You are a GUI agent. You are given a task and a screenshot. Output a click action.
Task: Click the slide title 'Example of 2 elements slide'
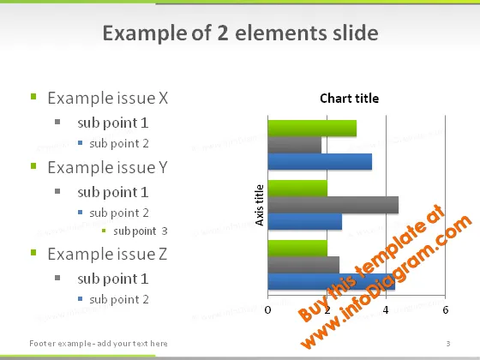click(x=240, y=33)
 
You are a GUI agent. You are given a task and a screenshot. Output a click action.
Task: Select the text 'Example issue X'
click(x=108, y=99)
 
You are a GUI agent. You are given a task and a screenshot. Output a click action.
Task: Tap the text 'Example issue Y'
click(x=108, y=167)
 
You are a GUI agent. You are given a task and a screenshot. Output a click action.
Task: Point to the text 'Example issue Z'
click(x=107, y=254)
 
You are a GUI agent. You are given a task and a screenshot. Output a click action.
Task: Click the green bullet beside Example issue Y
click(x=33, y=166)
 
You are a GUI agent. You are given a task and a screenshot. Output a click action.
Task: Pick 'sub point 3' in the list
click(x=141, y=231)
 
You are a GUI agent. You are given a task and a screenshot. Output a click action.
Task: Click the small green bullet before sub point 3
click(x=104, y=231)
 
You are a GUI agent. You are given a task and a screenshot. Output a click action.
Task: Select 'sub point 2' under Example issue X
click(x=119, y=144)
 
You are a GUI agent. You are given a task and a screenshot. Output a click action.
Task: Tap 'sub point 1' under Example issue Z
click(x=113, y=279)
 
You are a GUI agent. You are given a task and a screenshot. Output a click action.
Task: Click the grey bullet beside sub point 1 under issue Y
click(x=57, y=191)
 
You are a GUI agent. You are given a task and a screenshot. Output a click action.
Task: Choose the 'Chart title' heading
click(x=350, y=99)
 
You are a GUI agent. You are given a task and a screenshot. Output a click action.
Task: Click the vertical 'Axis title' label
click(x=259, y=205)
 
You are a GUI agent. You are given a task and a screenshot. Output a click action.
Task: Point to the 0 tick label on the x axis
click(x=267, y=310)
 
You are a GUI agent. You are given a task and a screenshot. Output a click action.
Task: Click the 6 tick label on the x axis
click(x=446, y=310)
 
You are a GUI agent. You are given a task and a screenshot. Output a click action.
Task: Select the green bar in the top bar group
click(x=312, y=129)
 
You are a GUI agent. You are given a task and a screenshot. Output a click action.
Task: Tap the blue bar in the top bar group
click(x=320, y=162)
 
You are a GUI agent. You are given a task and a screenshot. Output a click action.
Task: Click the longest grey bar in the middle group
click(x=333, y=205)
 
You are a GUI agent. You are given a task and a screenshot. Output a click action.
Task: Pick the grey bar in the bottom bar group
click(x=303, y=265)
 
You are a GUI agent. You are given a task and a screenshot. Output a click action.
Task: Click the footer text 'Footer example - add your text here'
click(x=99, y=344)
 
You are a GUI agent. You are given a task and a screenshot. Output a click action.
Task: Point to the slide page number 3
click(x=448, y=344)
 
